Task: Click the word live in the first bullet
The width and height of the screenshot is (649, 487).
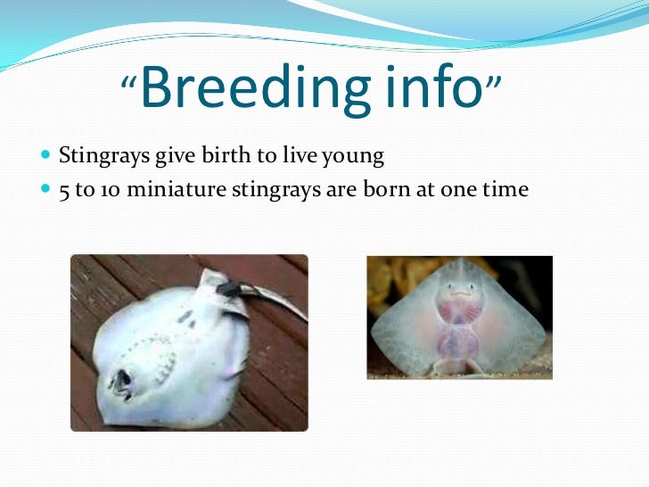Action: [292, 157]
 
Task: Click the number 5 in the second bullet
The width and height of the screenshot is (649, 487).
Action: [64, 191]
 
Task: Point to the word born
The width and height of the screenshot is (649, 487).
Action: [385, 190]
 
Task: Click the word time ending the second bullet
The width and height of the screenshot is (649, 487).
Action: [505, 190]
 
